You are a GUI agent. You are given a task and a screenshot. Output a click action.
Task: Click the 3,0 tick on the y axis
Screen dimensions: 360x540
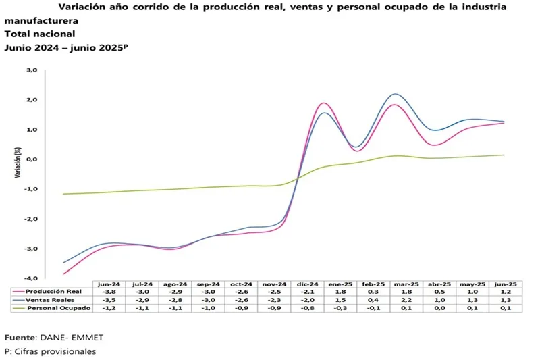(x=32, y=70)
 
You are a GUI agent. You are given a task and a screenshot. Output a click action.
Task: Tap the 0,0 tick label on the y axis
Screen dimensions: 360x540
(x=32, y=159)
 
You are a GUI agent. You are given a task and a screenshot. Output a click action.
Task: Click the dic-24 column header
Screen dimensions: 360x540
(x=307, y=284)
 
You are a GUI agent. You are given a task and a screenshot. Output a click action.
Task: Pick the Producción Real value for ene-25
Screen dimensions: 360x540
(x=340, y=292)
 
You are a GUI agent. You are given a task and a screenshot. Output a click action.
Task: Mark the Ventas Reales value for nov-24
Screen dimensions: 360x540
(x=273, y=300)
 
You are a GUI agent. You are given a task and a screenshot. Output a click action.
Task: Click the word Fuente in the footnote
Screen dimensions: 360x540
(x=20, y=337)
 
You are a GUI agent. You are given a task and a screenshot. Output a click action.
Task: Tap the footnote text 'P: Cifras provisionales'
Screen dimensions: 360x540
(x=50, y=351)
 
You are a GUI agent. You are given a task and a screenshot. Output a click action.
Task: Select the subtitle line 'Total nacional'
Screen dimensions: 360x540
(x=40, y=34)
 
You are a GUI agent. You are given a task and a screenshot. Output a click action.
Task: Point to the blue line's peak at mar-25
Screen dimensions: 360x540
(x=395, y=94)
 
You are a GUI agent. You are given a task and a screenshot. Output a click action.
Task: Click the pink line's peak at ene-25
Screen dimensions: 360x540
(x=324, y=103)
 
